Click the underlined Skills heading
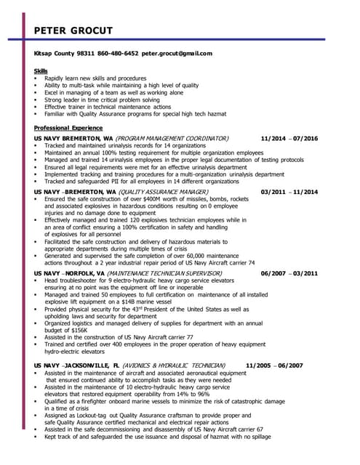(41, 70)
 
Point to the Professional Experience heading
(71, 127)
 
